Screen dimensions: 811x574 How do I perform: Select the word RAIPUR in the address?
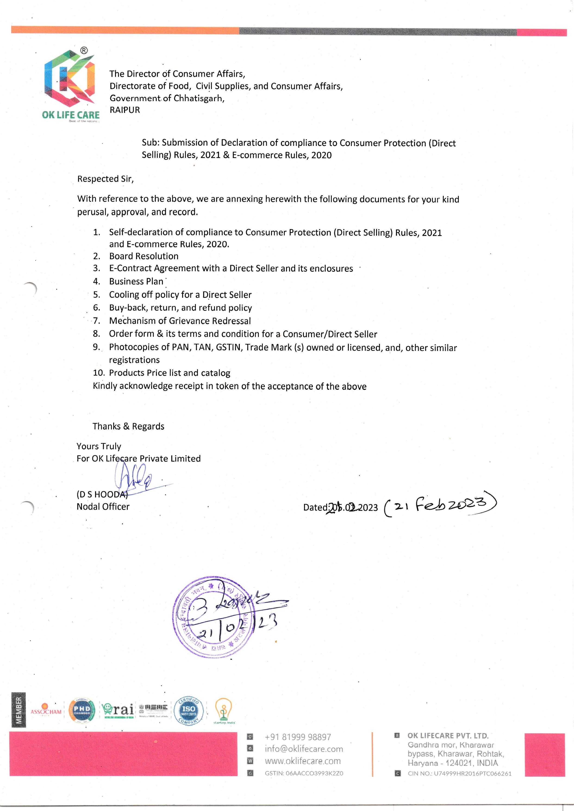coord(125,110)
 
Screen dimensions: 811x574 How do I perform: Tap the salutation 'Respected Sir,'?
coord(105,179)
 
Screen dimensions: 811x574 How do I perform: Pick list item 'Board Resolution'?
coord(143,256)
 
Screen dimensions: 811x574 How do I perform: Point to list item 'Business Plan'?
coord(136,281)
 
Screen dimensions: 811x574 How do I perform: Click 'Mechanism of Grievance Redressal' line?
coord(180,321)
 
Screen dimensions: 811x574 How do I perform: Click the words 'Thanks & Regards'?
coord(128,426)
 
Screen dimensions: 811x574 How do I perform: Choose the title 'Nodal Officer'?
coord(103,506)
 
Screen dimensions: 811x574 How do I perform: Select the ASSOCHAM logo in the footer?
coord(46,712)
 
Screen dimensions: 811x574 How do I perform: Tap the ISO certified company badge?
coord(188,711)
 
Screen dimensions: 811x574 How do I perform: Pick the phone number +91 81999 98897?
coord(298,737)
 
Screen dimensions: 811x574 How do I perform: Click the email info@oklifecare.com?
coord(304,749)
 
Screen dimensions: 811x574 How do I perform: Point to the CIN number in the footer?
coord(459,774)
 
